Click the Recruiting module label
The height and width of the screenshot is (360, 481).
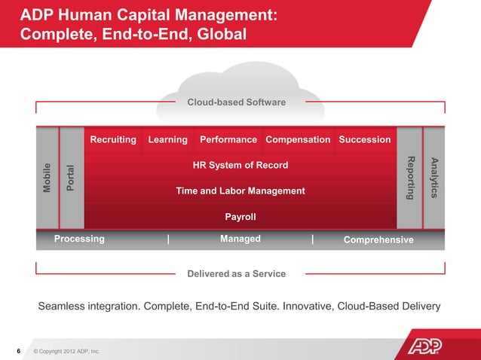pos(113,139)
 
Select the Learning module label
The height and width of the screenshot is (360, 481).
pos(167,139)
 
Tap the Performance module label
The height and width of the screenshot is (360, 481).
pos(228,139)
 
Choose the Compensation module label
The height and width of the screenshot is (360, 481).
pos(298,139)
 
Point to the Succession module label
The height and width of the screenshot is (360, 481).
pos(365,139)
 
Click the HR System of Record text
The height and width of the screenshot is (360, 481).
pos(240,165)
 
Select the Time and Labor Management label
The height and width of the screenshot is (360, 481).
pos(240,191)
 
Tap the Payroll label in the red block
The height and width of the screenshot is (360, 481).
pos(240,217)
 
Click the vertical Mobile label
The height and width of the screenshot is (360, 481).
pos(47,178)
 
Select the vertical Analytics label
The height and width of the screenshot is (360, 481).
pos(434,178)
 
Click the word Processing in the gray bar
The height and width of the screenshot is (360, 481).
pos(79,239)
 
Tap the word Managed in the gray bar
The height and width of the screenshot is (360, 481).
pos(240,239)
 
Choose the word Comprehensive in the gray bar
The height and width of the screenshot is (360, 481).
pos(378,239)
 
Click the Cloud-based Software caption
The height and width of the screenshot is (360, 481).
pos(236,102)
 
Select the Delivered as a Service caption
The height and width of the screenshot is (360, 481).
pos(236,273)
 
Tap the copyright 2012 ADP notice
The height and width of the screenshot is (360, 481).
pos(66,352)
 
